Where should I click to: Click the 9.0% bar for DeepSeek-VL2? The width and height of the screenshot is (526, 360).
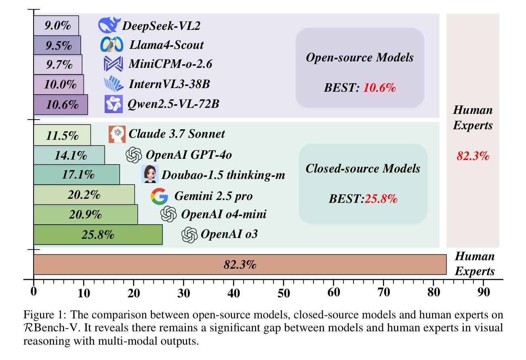(56, 25)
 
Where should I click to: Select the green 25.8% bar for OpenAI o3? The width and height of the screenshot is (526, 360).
(98, 234)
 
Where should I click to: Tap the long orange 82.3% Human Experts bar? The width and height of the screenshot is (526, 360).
(240, 264)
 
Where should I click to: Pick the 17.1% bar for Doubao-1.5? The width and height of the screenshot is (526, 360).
(76, 175)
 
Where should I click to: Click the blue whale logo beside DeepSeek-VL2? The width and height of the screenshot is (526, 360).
(109, 25)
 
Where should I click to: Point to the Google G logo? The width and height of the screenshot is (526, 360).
(159, 196)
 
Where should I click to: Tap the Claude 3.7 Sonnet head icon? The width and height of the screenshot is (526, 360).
(117, 134)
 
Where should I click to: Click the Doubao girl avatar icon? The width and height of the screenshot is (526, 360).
(150, 174)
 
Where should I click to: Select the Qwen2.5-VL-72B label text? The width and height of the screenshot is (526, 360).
(173, 104)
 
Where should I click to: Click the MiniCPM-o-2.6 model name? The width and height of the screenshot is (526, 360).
(170, 64)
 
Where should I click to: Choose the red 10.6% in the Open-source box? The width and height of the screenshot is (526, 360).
(379, 88)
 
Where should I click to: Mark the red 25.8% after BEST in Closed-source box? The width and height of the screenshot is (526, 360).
(381, 199)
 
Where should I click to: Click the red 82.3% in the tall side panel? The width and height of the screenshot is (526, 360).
(473, 156)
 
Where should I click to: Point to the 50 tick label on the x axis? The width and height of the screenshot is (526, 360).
(284, 293)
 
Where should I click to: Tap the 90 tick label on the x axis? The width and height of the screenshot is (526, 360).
(484, 293)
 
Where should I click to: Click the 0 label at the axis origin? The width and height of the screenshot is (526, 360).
(34, 291)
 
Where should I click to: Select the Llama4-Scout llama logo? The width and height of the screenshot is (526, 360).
(112, 44)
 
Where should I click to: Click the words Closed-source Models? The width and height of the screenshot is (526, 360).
(363, 168)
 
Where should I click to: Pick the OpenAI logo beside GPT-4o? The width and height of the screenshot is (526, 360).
(134, 155)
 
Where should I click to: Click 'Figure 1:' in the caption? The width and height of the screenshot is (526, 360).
(43, 315)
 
